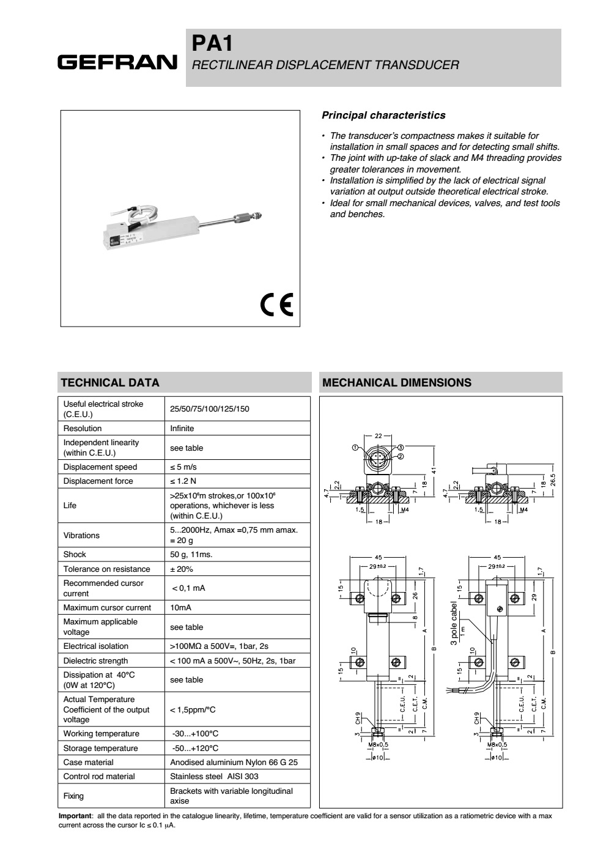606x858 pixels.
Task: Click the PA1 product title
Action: (x=212, y=43)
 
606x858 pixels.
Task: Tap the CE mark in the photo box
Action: (x=276, y=304)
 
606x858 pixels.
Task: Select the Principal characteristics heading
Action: (x=383, y=115)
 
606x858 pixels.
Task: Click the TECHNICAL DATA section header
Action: (x=110, y=383)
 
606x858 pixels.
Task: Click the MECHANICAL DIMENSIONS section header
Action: (x=397, y=383)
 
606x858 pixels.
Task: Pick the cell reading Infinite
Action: (x=182, y=428)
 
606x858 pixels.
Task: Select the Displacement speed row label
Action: (x=100, y=467)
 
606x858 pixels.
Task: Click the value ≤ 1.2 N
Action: (x=183, y=481)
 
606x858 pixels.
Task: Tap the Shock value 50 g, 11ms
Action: (x=191, y=555)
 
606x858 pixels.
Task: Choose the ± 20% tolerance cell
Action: (x=182, y=569)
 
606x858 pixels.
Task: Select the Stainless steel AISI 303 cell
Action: (x=214, y=777)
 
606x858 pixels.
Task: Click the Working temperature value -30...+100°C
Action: (x=195, y=734)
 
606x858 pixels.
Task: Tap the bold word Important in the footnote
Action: (x=74, y=816)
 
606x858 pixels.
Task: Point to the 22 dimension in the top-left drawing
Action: (x=378, y=435)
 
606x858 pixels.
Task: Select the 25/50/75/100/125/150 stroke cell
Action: (x=210, y=409)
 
